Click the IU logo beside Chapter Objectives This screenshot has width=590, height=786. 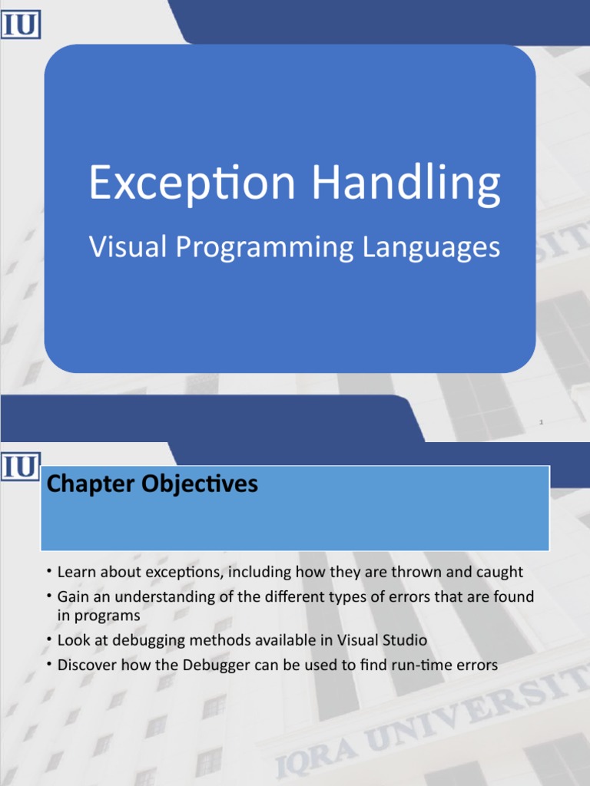pos(21,465)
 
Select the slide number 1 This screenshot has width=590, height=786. pos(542,421)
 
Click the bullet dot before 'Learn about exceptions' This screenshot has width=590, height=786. pos(48,570)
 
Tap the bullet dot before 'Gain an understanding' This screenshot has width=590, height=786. pos(48,595)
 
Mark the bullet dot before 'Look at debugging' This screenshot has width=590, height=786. pos(48,639)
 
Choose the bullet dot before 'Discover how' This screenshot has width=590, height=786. pos(48,663)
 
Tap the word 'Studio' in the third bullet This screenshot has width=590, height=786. pos(404,640)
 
